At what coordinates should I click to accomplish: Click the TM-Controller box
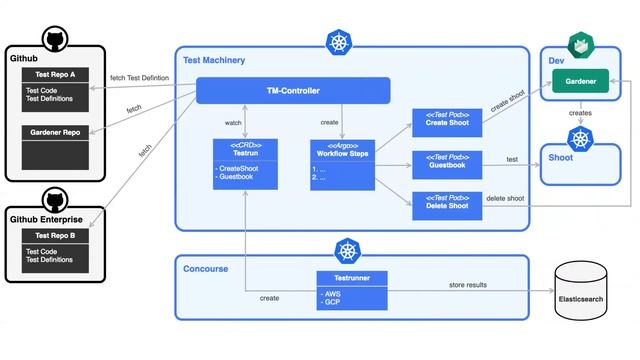(292, 91)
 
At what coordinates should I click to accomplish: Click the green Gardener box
(581, 80)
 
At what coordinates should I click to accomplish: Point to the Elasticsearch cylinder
(581, 293)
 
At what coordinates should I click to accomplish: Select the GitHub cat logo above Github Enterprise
(55, 197)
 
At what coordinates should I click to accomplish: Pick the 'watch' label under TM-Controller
(233, 123)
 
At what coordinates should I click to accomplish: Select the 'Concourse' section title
(206, 268)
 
